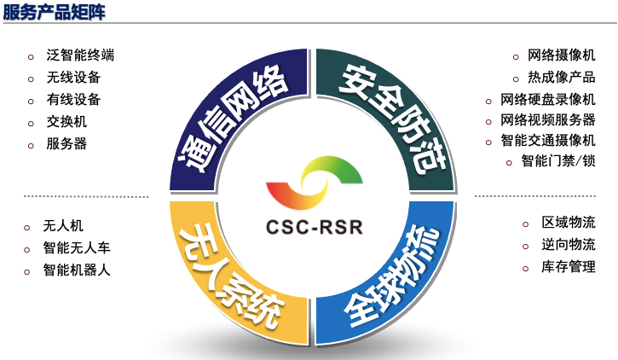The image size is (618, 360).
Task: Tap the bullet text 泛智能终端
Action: pos(80,55)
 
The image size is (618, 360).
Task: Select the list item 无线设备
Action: pos(73,78)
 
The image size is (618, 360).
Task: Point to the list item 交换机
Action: pos(66,122)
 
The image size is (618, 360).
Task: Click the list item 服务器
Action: pos(66,144)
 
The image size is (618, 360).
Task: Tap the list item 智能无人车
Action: pos(77,248)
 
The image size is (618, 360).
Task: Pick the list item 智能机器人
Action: pos(77,270)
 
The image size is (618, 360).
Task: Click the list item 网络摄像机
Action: pos(562,55)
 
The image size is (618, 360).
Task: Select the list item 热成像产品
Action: pos(562,77)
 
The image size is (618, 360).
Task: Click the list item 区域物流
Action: pos(569,224)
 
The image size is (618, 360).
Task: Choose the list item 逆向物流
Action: pos(569,246)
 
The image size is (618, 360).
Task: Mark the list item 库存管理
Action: pos(569,268)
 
